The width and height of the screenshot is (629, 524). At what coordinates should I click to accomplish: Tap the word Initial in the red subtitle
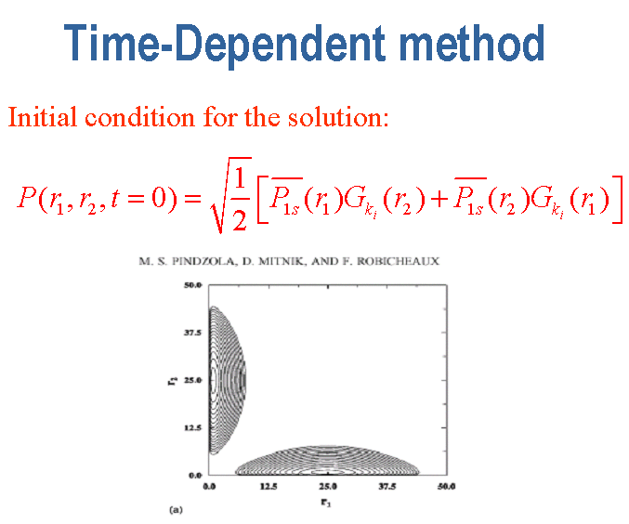click(42, 117)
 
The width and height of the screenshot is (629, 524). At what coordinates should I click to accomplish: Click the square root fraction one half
click(231, 195)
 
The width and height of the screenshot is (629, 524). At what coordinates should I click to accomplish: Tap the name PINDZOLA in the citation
click(203, 262)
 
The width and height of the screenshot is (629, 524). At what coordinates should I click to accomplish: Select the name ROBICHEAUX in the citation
click(398, 262)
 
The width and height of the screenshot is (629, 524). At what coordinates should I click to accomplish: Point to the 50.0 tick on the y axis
click(193, 285)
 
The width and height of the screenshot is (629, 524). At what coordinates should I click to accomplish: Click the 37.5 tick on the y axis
click(193, 333)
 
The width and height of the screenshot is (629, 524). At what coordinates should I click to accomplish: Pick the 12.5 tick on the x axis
click(269, 487)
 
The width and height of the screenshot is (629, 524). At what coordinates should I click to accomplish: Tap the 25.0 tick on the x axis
click(328, 487)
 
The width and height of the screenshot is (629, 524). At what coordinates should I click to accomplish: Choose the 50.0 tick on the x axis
click(447, 487)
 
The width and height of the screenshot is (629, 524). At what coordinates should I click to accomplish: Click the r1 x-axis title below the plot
click(326, 503)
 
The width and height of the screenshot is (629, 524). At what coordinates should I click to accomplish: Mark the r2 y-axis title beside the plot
click(171, 380)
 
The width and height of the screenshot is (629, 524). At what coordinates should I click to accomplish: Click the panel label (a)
click(177, 510)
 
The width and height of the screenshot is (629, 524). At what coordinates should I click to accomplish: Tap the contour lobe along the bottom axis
click(327, 461)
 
